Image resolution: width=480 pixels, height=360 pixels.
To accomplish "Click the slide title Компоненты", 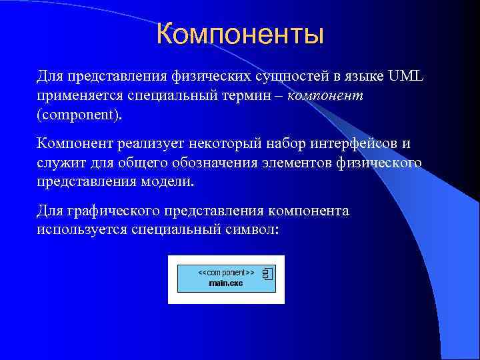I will pos(240,35).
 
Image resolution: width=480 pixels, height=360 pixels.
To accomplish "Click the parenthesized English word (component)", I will pos(80,114).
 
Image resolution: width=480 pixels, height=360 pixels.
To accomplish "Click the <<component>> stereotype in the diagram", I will pos(225,273).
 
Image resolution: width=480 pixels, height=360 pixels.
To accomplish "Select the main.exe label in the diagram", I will pos(225,283).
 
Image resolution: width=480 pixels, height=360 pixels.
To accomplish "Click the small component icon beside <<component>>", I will pos(268,273).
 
